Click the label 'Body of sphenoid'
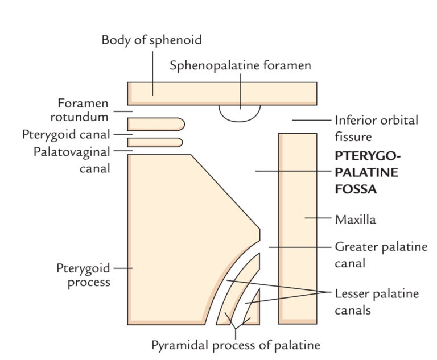coord(151,40)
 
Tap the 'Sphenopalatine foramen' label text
coord(241,65)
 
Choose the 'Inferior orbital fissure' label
coord(376,129)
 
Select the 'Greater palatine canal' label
coord(380,254)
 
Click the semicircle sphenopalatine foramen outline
coord(240,114)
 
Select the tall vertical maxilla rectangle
coord(297,227)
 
